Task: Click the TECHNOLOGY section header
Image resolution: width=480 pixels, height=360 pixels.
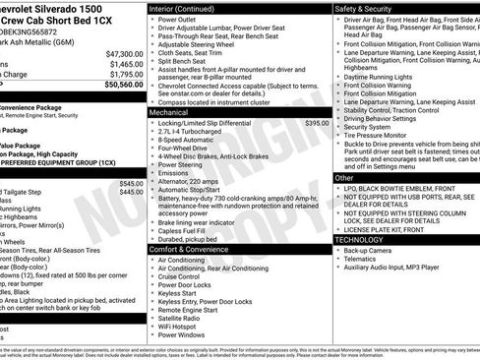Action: point(359,239)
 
